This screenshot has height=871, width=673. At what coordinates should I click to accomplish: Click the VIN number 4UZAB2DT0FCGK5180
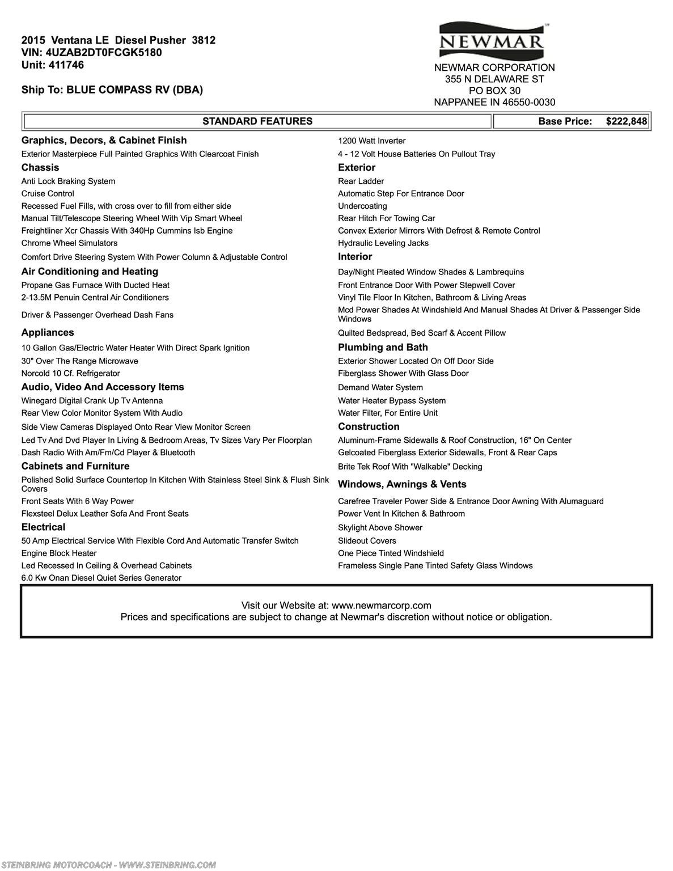pos(103,53)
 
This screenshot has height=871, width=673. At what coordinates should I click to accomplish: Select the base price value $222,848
pos(626,121)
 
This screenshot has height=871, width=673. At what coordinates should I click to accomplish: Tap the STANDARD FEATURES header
pos(257,121)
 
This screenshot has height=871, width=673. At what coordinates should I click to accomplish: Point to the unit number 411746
pos(68,65)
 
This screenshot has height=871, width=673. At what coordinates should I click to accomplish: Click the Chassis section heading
pos(40,167)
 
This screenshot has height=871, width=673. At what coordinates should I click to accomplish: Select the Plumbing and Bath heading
pos(383,347)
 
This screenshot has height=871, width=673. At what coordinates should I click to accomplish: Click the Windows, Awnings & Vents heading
pos(402,484)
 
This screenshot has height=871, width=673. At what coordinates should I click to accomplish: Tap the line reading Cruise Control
pos(48,194)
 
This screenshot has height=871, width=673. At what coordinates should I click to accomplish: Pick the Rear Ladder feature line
pos(361,181)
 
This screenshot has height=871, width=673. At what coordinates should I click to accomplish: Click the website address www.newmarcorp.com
pos(381,606)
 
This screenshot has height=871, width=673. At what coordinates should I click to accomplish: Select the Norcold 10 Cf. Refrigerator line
pos(70,374)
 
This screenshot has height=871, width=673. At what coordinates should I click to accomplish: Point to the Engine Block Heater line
pos(59,553)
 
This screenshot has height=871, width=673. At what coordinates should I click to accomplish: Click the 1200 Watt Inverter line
pos(371,141)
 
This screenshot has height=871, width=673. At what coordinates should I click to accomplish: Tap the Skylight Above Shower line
pos(380,528)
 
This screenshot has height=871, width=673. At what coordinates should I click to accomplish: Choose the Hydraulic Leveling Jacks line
pos(383,243)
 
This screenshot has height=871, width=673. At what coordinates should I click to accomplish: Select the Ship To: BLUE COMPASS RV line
pos(112,90)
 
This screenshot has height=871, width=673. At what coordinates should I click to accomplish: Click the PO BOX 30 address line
pos(494,91)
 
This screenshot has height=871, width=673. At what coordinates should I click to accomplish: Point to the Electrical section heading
pos(43,527)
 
